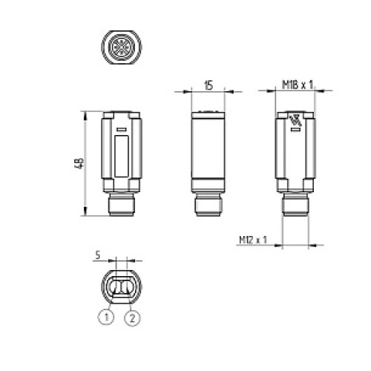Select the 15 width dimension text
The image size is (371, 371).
[x=209, y=86]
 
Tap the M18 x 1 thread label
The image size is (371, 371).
[x=299, y=86]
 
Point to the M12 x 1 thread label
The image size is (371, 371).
[x=253, y=240]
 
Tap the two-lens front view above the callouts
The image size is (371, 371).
[x=120, y=285]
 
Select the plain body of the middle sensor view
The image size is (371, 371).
[x=209, y=152]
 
